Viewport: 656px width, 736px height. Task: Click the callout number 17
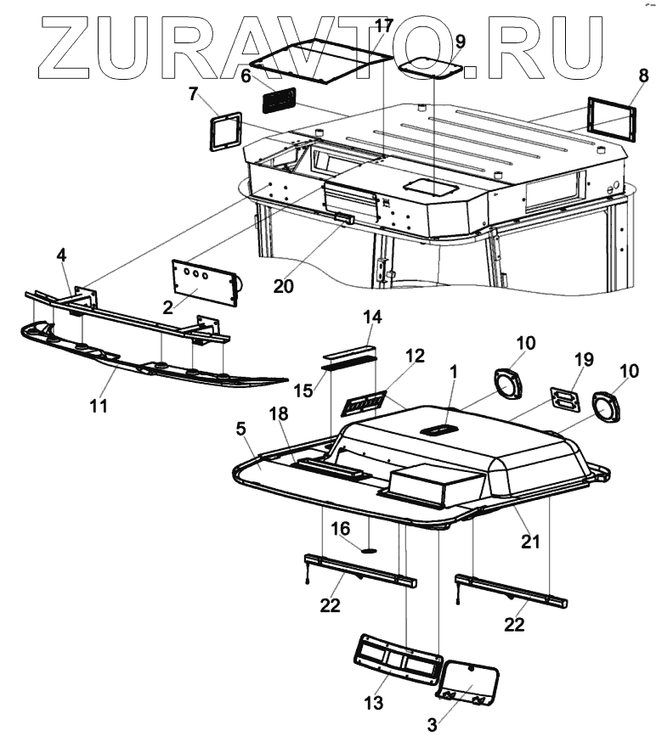pos(384,25)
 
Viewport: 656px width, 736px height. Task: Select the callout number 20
pos(283,286)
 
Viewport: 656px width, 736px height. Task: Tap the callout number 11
pos(99,406)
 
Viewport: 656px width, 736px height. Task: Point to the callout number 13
pos(373,703)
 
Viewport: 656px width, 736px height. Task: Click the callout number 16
pos(340,529)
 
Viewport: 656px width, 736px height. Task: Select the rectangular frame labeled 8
pos(611,115)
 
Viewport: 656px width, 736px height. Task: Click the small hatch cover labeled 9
pos(431,65)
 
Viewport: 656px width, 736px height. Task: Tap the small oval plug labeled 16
pos(369,548)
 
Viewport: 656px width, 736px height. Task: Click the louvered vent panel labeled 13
pos(396,657)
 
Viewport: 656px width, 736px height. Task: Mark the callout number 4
pos(62,254)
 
